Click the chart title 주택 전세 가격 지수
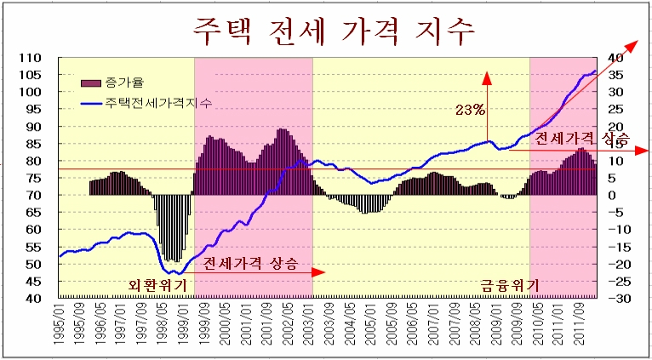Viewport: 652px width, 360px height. tap(334, 32)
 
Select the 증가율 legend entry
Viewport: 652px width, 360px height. tap(112, 83)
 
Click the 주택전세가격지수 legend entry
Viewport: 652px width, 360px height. tap(146, 103)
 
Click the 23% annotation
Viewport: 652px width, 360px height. tap(470, 110)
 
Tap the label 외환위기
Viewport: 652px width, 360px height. tap(157, 286)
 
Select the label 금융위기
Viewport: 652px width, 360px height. tap(510, 286)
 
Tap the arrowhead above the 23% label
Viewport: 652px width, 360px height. tap(487, 77)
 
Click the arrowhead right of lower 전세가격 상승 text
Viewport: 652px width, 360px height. tap(318, 272)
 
